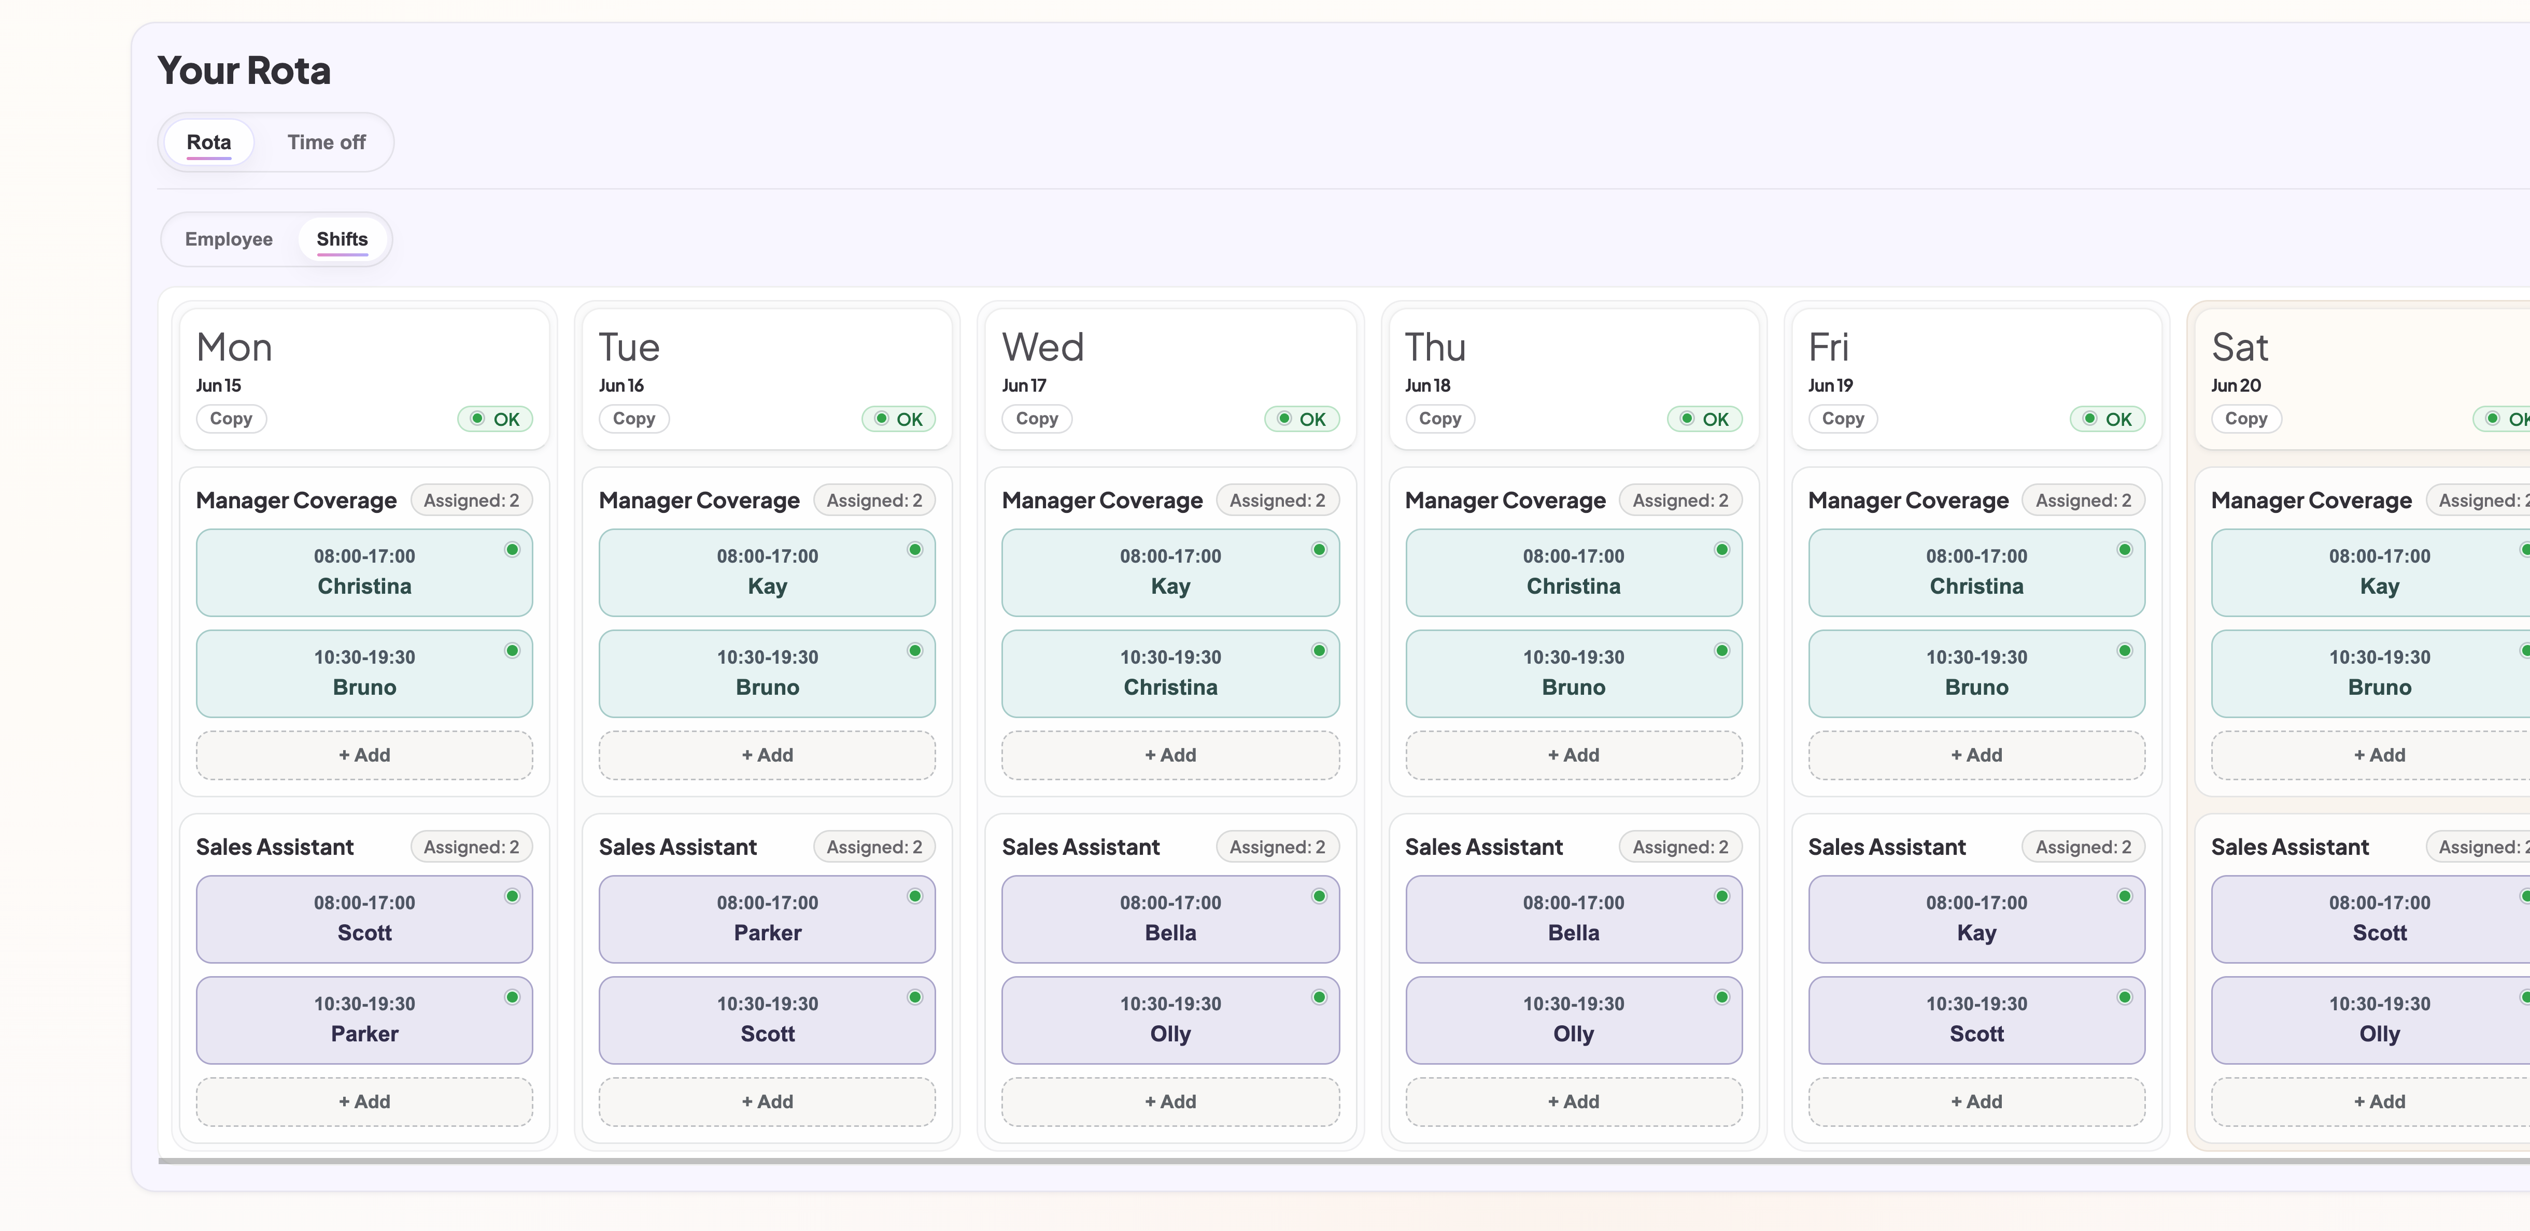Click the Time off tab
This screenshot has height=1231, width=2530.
pyautogui.click(x=326, y=142)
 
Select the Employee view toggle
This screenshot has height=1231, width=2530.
pyautogui.click(x=229, y=239)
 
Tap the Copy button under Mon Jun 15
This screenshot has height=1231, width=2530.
pyautogui.click(x=231, y=419)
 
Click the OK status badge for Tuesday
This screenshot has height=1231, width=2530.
pyautogui.click(x=899, y=419)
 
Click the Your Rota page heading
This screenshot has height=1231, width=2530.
pyautogui.click(x=244, y=70)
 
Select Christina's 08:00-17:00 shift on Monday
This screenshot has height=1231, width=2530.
pyautogui.click(x=364, y=572)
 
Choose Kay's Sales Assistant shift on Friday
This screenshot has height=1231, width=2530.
pyautogui.click(x=1976, y=919)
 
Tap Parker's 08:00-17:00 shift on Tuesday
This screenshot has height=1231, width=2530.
pyautogui.click(x=767, y=919)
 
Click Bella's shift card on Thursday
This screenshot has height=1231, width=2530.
pyautogui.click(x=1573, y=919)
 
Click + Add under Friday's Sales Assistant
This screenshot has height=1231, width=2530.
pyautogui.click(x=1976, y=1101)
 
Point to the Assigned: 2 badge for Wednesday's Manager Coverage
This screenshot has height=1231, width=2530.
pyautogui.click(x=1277, y=500)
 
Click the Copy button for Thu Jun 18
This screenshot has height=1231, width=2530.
pyautogui.click(x=1440, y=419)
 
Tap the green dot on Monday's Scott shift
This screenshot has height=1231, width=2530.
pyautogui.click(x=512, y=896)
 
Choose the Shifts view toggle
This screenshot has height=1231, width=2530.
pyautogui.click(x=342, y=239)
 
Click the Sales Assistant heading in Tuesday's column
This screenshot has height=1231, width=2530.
pyautogui.click(x=677, y=847)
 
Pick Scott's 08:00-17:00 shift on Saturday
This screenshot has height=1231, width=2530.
pyautogui.click(x=2379, y=919)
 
